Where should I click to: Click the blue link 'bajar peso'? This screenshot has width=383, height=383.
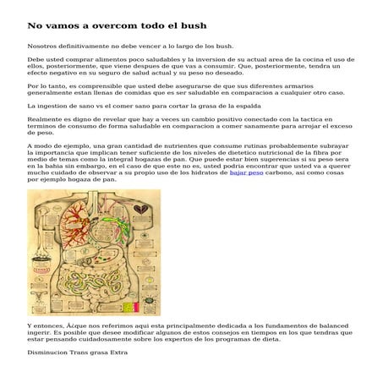point(246,172)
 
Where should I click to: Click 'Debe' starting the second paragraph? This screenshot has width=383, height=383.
point(36,61)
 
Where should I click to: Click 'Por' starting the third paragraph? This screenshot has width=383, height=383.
point(33,85)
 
